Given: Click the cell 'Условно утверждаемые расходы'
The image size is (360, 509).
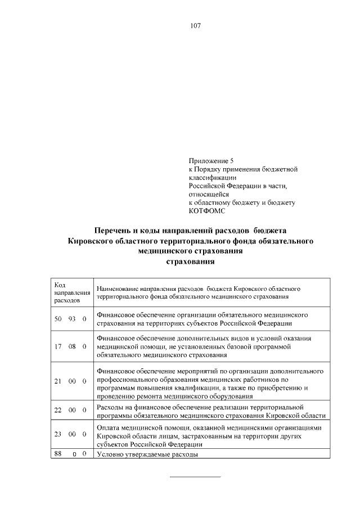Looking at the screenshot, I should tap(147, 454).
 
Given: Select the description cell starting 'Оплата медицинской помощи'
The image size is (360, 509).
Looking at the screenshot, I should tap(210, 436).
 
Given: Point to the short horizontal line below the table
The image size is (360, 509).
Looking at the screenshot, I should tap(195, 477).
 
